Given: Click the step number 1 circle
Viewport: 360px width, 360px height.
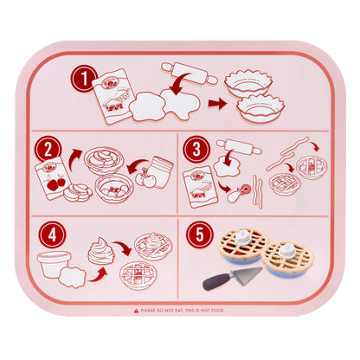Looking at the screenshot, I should (84, 81).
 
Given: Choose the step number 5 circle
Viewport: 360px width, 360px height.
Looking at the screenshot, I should (198, 234).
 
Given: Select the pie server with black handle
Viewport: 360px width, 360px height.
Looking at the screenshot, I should (232, 279).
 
